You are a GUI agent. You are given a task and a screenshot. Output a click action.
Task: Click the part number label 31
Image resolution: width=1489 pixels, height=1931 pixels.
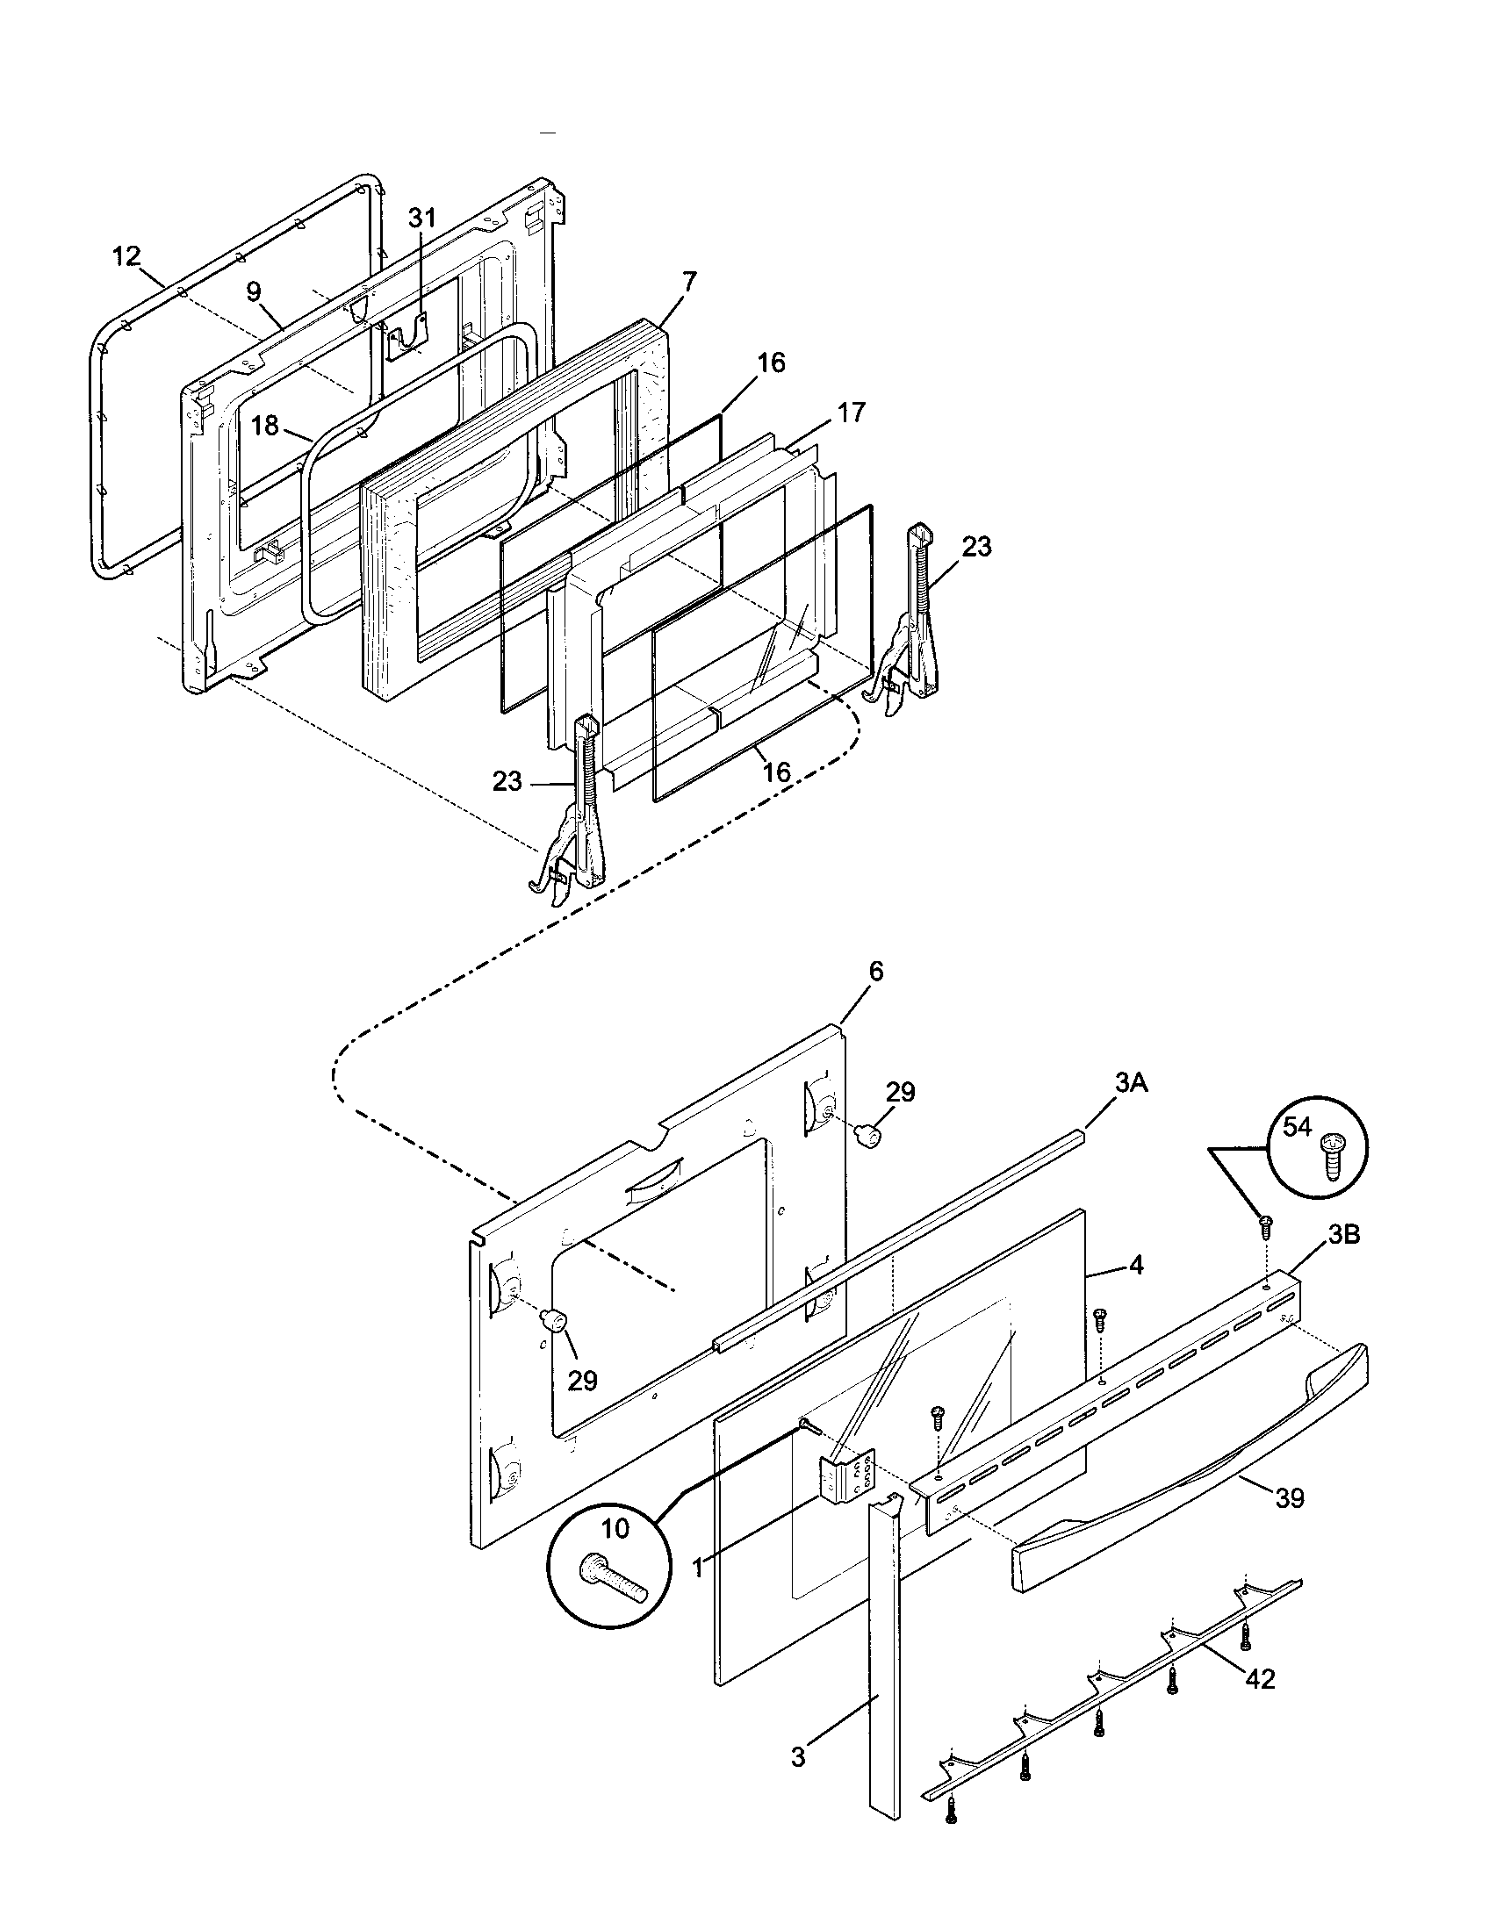pyautogui.click(x=421, y=218)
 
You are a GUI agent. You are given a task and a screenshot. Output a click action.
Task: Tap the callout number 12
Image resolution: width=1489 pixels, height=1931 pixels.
pyautogui.click(x=126, y=256)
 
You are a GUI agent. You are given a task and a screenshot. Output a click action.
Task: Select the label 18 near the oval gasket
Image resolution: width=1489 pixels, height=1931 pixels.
pyautogui.click(x=264, y=426)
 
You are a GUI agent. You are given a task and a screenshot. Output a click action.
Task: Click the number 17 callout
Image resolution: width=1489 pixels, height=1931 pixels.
pyautogui.click(x=852, y=412)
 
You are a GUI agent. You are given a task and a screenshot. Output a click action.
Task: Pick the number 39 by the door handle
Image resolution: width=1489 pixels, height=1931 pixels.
pyautogui.click(x=1290, y=1497)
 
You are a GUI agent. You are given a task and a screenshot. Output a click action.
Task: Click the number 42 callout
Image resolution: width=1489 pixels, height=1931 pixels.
pyautogui.click(x=1260, y=1678)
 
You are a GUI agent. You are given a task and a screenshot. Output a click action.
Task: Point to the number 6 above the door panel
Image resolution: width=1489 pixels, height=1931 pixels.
pyautogui.click(x=875, y=971)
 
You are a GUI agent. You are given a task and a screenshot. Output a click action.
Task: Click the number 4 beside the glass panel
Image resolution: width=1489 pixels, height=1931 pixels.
pyautogui.click(x=1136, y=1266)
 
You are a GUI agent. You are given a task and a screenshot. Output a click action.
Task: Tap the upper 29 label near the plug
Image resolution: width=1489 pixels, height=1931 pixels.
pyautogui.click(x=900, y=1092)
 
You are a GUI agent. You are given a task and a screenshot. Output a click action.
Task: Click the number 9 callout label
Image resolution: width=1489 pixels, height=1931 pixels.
pyautogui.click(x=254, y=292)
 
